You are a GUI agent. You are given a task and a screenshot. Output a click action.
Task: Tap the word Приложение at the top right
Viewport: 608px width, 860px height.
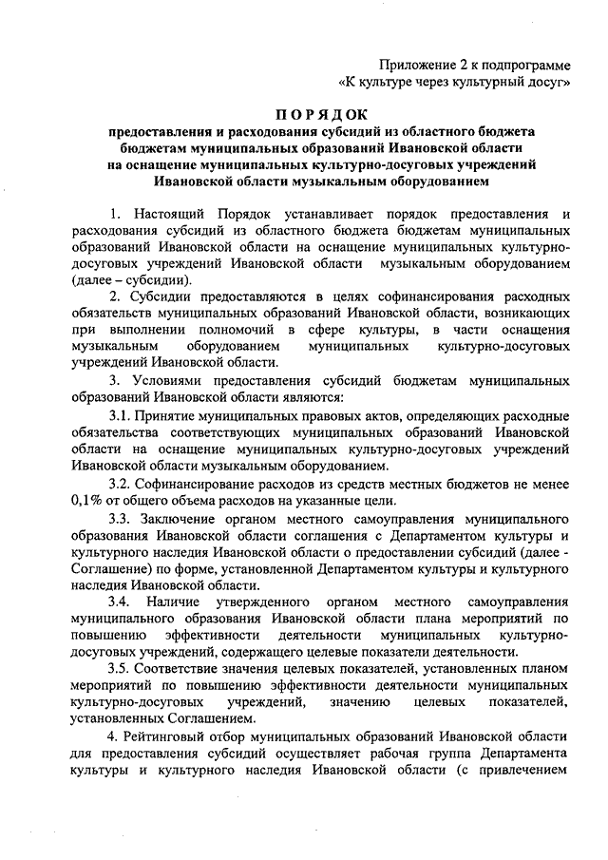click(415, 65)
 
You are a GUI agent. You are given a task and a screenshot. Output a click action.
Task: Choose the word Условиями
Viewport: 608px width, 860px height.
click(171, 380)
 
